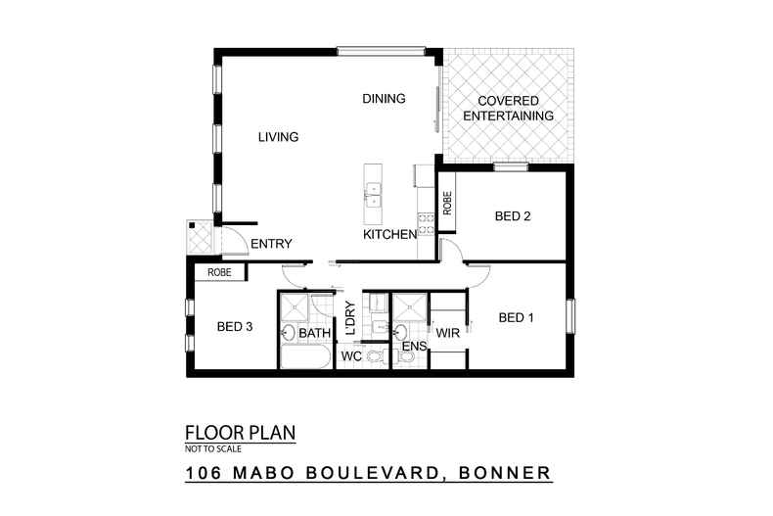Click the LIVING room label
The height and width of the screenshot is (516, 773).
click(x=278, y=137)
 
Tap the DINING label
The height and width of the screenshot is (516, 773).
click(x=384, y=99)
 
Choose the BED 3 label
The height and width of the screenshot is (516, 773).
click(x=235, y=327)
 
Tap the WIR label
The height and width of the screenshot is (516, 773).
click(x=448, y=335)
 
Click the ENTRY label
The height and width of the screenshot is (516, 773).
click(x=271, y=244)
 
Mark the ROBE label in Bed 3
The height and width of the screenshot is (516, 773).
click(x=218, y=273)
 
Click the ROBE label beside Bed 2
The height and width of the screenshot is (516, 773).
click(x=447, y=204)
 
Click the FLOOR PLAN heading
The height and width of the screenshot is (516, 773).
click(x=240, y=433)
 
